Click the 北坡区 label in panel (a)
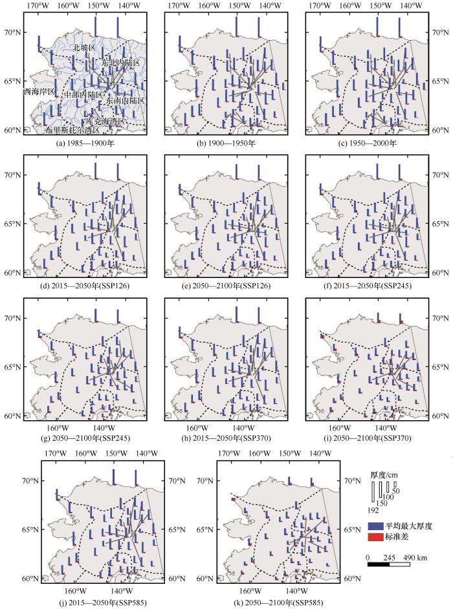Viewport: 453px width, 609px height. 84,48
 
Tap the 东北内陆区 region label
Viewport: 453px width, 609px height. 120,63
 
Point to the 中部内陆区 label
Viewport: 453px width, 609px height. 83,94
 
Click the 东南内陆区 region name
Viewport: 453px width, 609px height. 126,101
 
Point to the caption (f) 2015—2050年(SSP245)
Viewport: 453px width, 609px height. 366,286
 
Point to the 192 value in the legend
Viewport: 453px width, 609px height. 374,510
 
